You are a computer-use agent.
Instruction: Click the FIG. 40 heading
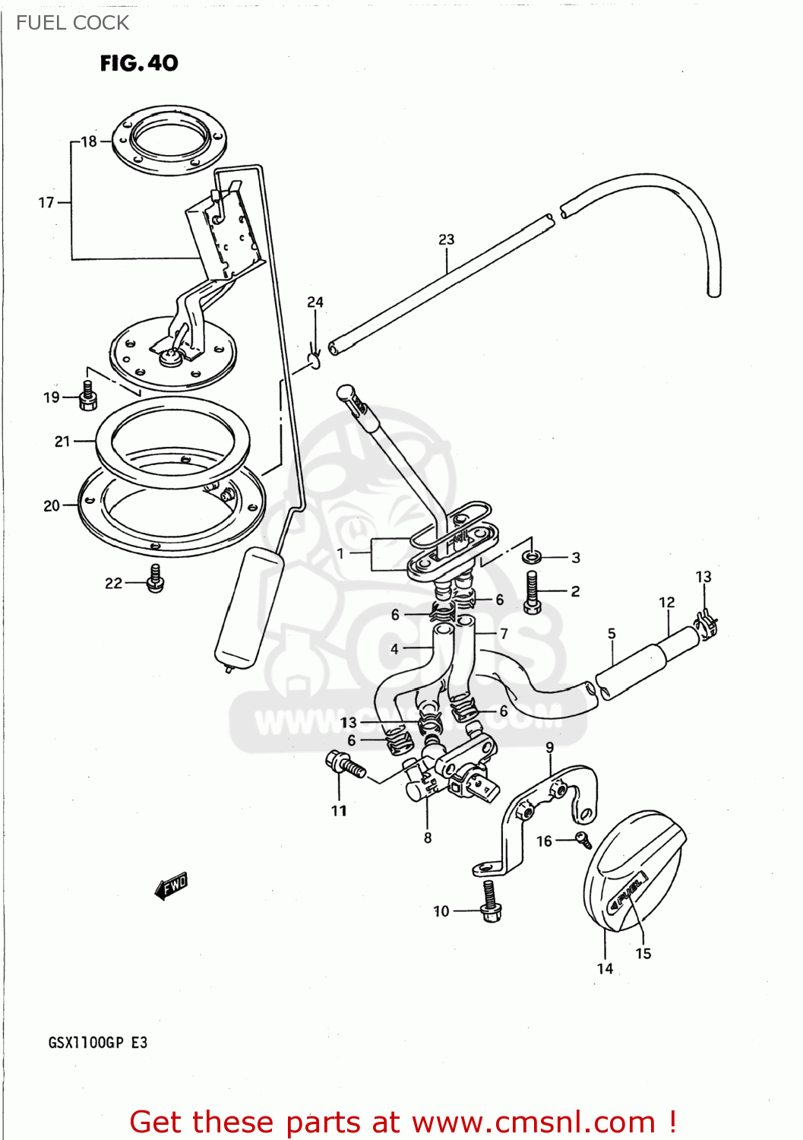tap(139, 63)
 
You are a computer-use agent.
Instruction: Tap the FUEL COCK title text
tap(72, 23)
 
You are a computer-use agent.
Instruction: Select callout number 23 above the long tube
tap(446, 239)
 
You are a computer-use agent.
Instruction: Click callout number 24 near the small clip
tap(315, 302)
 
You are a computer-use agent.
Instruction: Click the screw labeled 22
tap(156, 578)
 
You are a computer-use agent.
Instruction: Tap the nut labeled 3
tap(533, 557)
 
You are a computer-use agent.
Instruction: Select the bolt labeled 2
tap(532, 593)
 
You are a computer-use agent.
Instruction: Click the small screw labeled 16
tap(583, 839)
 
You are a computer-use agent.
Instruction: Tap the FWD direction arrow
tap(171, 886)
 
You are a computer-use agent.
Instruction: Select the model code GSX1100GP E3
tap(97, 1043)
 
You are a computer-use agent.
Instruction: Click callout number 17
tap(46, 203)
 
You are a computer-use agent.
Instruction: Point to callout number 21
tap(62, 441)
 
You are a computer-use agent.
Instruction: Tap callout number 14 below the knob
tap(605, 968)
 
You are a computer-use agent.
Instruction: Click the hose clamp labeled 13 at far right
tap(707, 623)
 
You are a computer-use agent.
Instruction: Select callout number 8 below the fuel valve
tap(428, 838)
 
